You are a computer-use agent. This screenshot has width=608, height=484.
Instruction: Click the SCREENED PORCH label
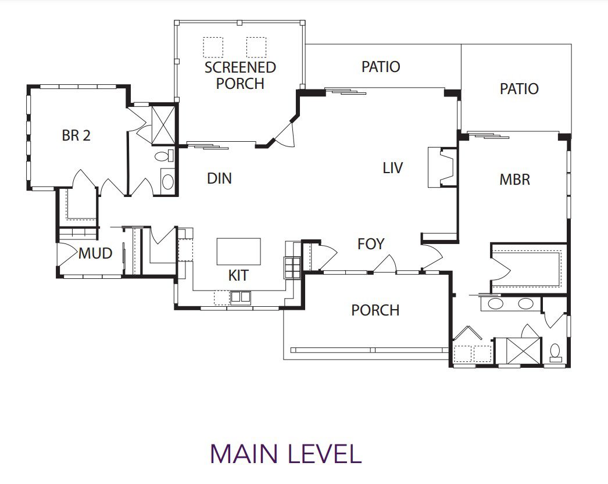pos(240,75)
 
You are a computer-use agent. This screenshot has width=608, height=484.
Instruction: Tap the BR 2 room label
pos(76,135)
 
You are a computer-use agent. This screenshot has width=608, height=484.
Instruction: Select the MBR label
pos(514,180)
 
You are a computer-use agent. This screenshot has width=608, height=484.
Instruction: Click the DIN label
pos(220,178)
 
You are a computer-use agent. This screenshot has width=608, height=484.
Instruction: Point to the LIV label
pos(392,168)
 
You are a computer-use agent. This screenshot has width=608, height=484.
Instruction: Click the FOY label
pos(371,244)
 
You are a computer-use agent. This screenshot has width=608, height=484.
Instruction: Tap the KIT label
pos(238,275)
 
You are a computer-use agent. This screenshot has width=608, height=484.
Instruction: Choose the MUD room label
pos(95,253)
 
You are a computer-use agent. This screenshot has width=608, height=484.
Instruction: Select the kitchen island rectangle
pos(238,252)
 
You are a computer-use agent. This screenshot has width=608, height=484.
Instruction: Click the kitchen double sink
pos(241,297)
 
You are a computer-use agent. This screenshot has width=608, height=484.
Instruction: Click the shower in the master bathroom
pos(518,351)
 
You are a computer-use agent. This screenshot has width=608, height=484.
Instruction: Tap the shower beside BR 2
pos(163,125)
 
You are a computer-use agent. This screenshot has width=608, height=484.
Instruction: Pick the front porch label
pos(375,310)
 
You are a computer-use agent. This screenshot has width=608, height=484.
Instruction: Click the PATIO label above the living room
pos(381,67)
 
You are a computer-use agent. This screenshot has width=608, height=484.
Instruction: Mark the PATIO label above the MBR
pos(519,89)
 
